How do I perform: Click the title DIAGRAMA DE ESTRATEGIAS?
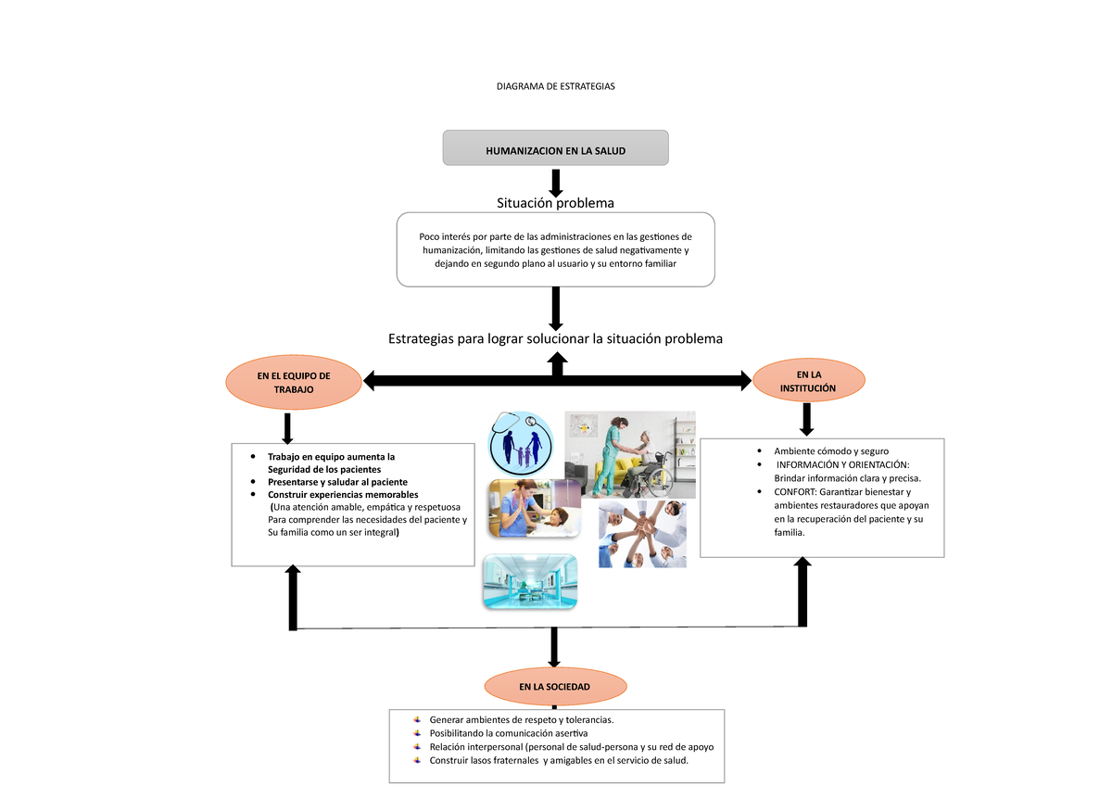coord(555,86)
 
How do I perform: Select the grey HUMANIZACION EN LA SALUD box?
coord(555,148)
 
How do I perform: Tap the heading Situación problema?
coord(555,203)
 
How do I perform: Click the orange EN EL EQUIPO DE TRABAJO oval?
coord(294,382)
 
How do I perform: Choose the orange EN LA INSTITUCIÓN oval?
coord(809,381)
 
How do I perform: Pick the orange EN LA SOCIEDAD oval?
coord(555,687)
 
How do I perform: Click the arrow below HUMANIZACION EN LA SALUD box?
coord(556,184)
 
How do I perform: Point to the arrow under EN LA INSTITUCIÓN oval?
coord(807,420)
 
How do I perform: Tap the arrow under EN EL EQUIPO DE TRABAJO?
coord(287,428)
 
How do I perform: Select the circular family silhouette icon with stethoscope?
coord(521,443)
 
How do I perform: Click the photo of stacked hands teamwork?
coord(642,534)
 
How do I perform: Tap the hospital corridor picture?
coord(530,582)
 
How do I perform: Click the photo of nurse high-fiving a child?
coord(535,508)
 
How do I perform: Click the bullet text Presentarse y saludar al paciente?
coord(337,482)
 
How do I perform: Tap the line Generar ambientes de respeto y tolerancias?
coord(521,720)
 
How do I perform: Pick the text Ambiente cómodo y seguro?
coord(831,451)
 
